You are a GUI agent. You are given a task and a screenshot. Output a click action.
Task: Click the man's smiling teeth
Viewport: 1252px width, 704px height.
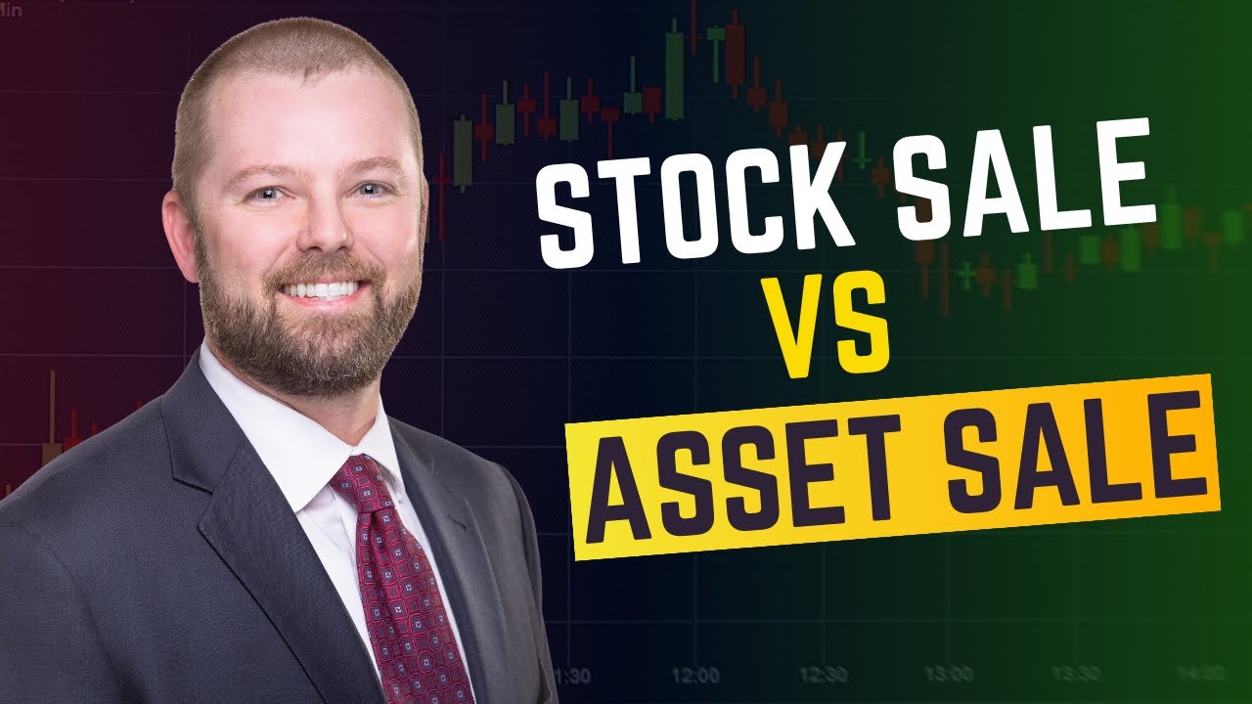pyautogui.click(x=322, y=290)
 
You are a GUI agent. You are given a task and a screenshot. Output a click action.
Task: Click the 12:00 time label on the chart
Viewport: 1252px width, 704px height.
pyautogui.click(x=695, y=675)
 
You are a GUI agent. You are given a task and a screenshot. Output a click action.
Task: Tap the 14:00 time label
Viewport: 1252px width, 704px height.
pyautogui.click(x=1199, y=675)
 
